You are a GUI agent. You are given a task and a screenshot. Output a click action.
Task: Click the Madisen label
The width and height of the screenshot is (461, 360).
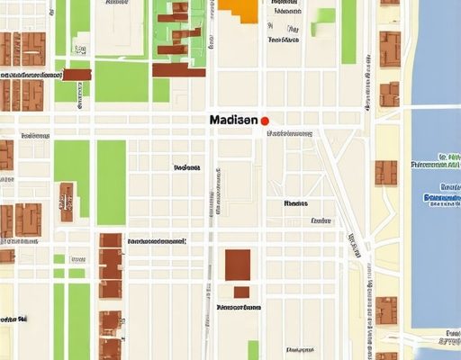tap(233, 120)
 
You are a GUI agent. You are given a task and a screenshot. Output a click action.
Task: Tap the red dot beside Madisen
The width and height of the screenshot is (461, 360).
tap(265, 120)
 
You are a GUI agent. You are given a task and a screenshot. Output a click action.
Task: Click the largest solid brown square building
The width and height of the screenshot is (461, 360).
tap(237, 265)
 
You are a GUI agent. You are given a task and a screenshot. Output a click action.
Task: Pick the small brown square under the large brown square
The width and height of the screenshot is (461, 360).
tap(241, 292)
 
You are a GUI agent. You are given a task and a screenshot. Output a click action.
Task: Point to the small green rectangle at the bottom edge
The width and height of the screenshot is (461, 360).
tap(254, 350)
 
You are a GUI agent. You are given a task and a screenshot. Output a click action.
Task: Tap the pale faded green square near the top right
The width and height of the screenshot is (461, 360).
tap(323, 22)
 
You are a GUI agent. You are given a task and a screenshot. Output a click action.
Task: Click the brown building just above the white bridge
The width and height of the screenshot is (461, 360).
tap(389, 94)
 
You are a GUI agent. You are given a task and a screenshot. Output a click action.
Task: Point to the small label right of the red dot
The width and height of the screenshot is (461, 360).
tap(288, 133)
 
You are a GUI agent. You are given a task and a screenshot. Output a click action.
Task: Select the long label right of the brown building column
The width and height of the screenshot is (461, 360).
tap(157, 241)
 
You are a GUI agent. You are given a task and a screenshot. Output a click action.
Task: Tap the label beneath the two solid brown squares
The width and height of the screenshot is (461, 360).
tap(240, 306)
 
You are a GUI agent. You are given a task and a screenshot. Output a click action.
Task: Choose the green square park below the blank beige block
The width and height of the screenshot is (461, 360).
tap(121, 81)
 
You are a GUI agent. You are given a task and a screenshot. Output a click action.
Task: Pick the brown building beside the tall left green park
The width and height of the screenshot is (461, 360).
tap(67, 202)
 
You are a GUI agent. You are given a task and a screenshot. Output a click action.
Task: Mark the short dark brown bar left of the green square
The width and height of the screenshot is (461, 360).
tap(77, 75)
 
